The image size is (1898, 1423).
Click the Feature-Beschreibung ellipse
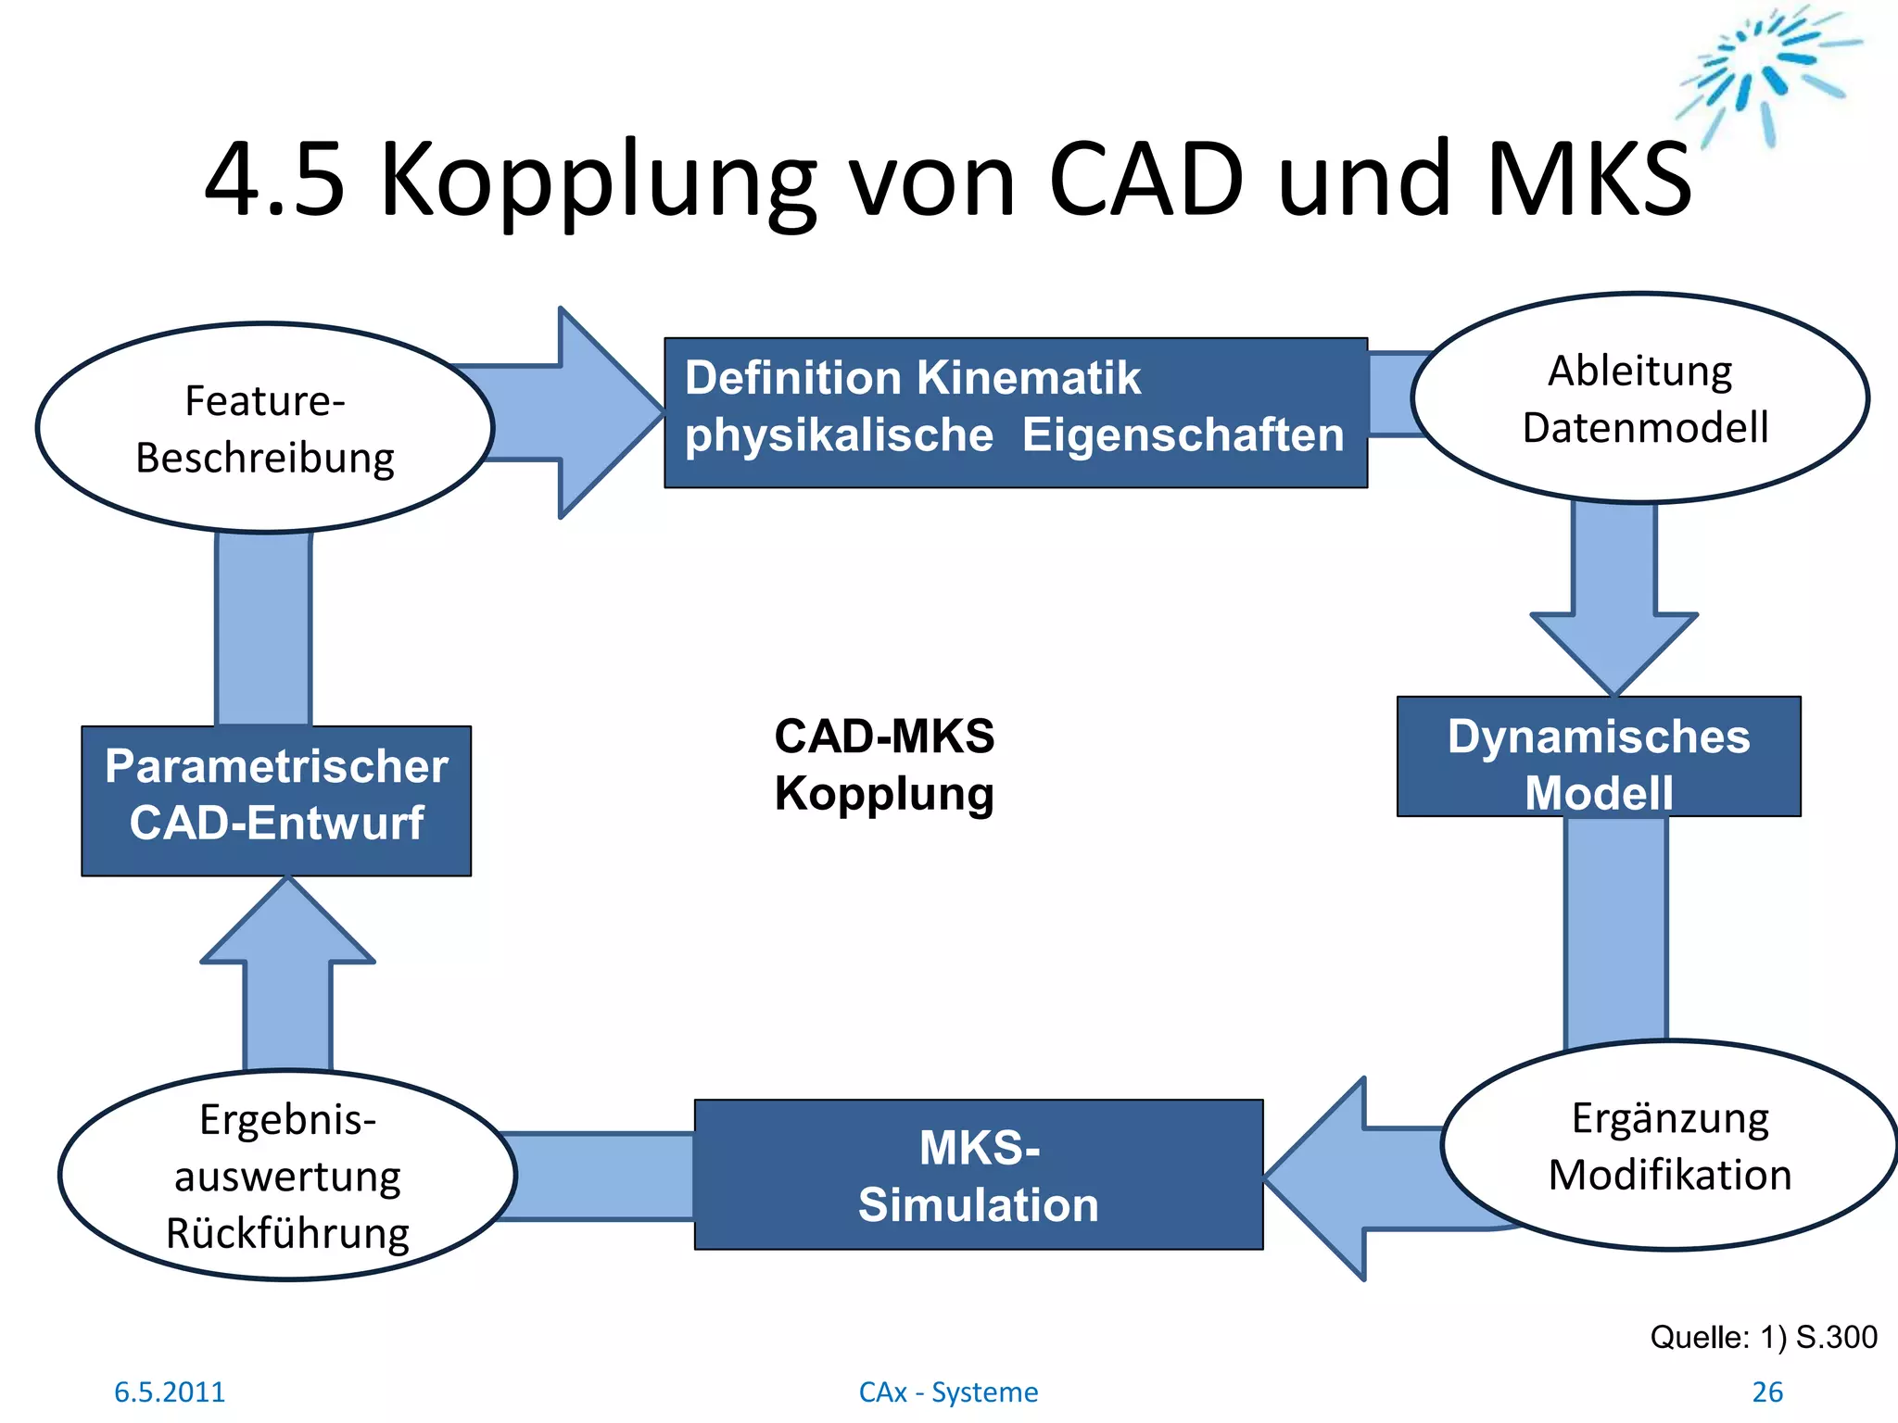(x=265, y=428)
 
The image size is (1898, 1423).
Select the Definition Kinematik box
(x=1015, y=412)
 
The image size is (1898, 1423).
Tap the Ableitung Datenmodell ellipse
(x=1640, y=398)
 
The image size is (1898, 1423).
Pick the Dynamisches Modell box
(x=1599, y=756)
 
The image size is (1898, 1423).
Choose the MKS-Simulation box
(x=979, y=1175)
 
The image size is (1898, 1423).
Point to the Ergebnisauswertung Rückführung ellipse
(x=287, y=1176)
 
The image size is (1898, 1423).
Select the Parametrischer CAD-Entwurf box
(x=276, y=800)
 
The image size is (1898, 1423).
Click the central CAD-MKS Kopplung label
(x=884, y=765)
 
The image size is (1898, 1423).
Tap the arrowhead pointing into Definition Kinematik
(x=607, y=413)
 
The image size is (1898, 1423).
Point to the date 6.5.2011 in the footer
(x=170, y=1392)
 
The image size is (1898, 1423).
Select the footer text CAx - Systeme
(x=948, y=1392)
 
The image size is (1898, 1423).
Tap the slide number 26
(x=1767, y=1392)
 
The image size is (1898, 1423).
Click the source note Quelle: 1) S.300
(x=1764, y=1337)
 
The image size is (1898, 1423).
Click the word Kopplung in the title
(x=598, y=181)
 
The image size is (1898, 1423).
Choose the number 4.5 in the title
(x=274, y=181)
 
